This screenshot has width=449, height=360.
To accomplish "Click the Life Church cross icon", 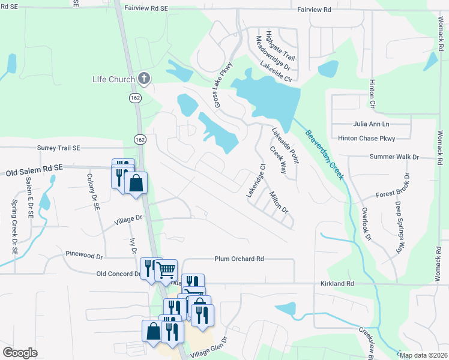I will (x=143, y=78).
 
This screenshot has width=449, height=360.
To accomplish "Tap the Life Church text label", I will (x=113, y=79).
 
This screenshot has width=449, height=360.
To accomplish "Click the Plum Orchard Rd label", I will (x=240, y=259).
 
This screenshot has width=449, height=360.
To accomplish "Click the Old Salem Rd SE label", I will (x=34, y=172).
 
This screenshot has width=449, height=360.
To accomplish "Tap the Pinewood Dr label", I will (x=85, y=254).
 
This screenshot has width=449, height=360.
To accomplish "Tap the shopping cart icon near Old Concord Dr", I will (x=166, y=269).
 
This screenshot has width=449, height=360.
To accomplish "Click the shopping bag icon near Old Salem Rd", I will (x=137, y=184).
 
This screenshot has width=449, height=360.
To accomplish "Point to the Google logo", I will (x=20, y=353).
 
